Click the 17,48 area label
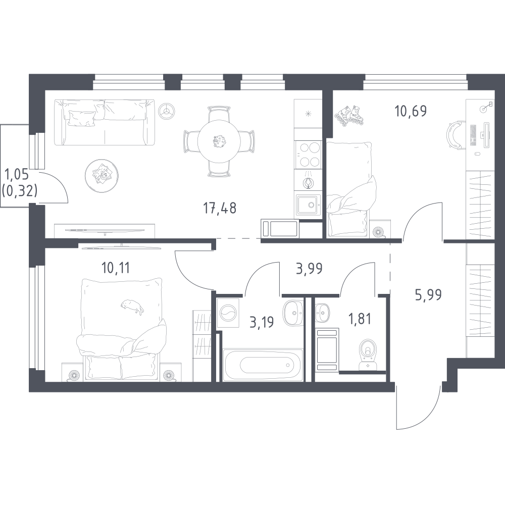pyautogui.click(x=220, y=209)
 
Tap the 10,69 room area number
pyautogui.click(x=411, y=111)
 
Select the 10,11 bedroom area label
pyautogui.click(x=116, y=268)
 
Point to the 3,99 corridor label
pyautogui.click(x=309, y=268)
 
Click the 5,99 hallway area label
pyautogui.click(x=428, y=294)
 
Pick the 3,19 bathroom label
pyautogui.click(x=262, y=322)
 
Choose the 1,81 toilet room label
pyautogui.click(x=360, y=319)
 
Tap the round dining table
pyautogui.click(x=219, y=141)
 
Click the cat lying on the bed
pyautogui.click(x=132, y=306)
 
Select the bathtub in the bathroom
pyautogui.click(x=264, y=365)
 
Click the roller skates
pyautogui.click(x=349, y=115)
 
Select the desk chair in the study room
pyautogui.click(x=453, y=135)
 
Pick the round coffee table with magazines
pyautogui.click(x=102, y=176)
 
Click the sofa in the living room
pyautogui.click(x=105, y=122)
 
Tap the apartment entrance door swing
pyautogui.click(x=418, y=409)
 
